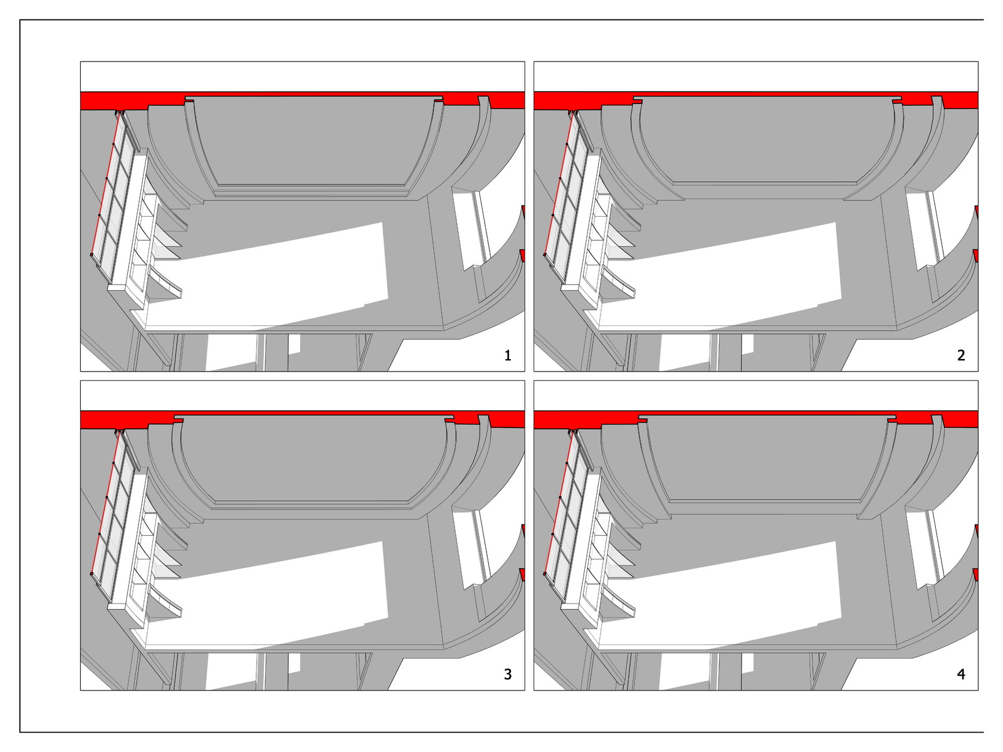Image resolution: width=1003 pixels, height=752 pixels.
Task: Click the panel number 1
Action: [x=507, y=355]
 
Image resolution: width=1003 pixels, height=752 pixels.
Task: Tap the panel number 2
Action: [x=961, y=355]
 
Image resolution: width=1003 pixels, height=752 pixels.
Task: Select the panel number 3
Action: [x=507, y=674]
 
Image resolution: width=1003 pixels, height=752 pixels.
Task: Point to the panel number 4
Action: [x=961, y=674]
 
